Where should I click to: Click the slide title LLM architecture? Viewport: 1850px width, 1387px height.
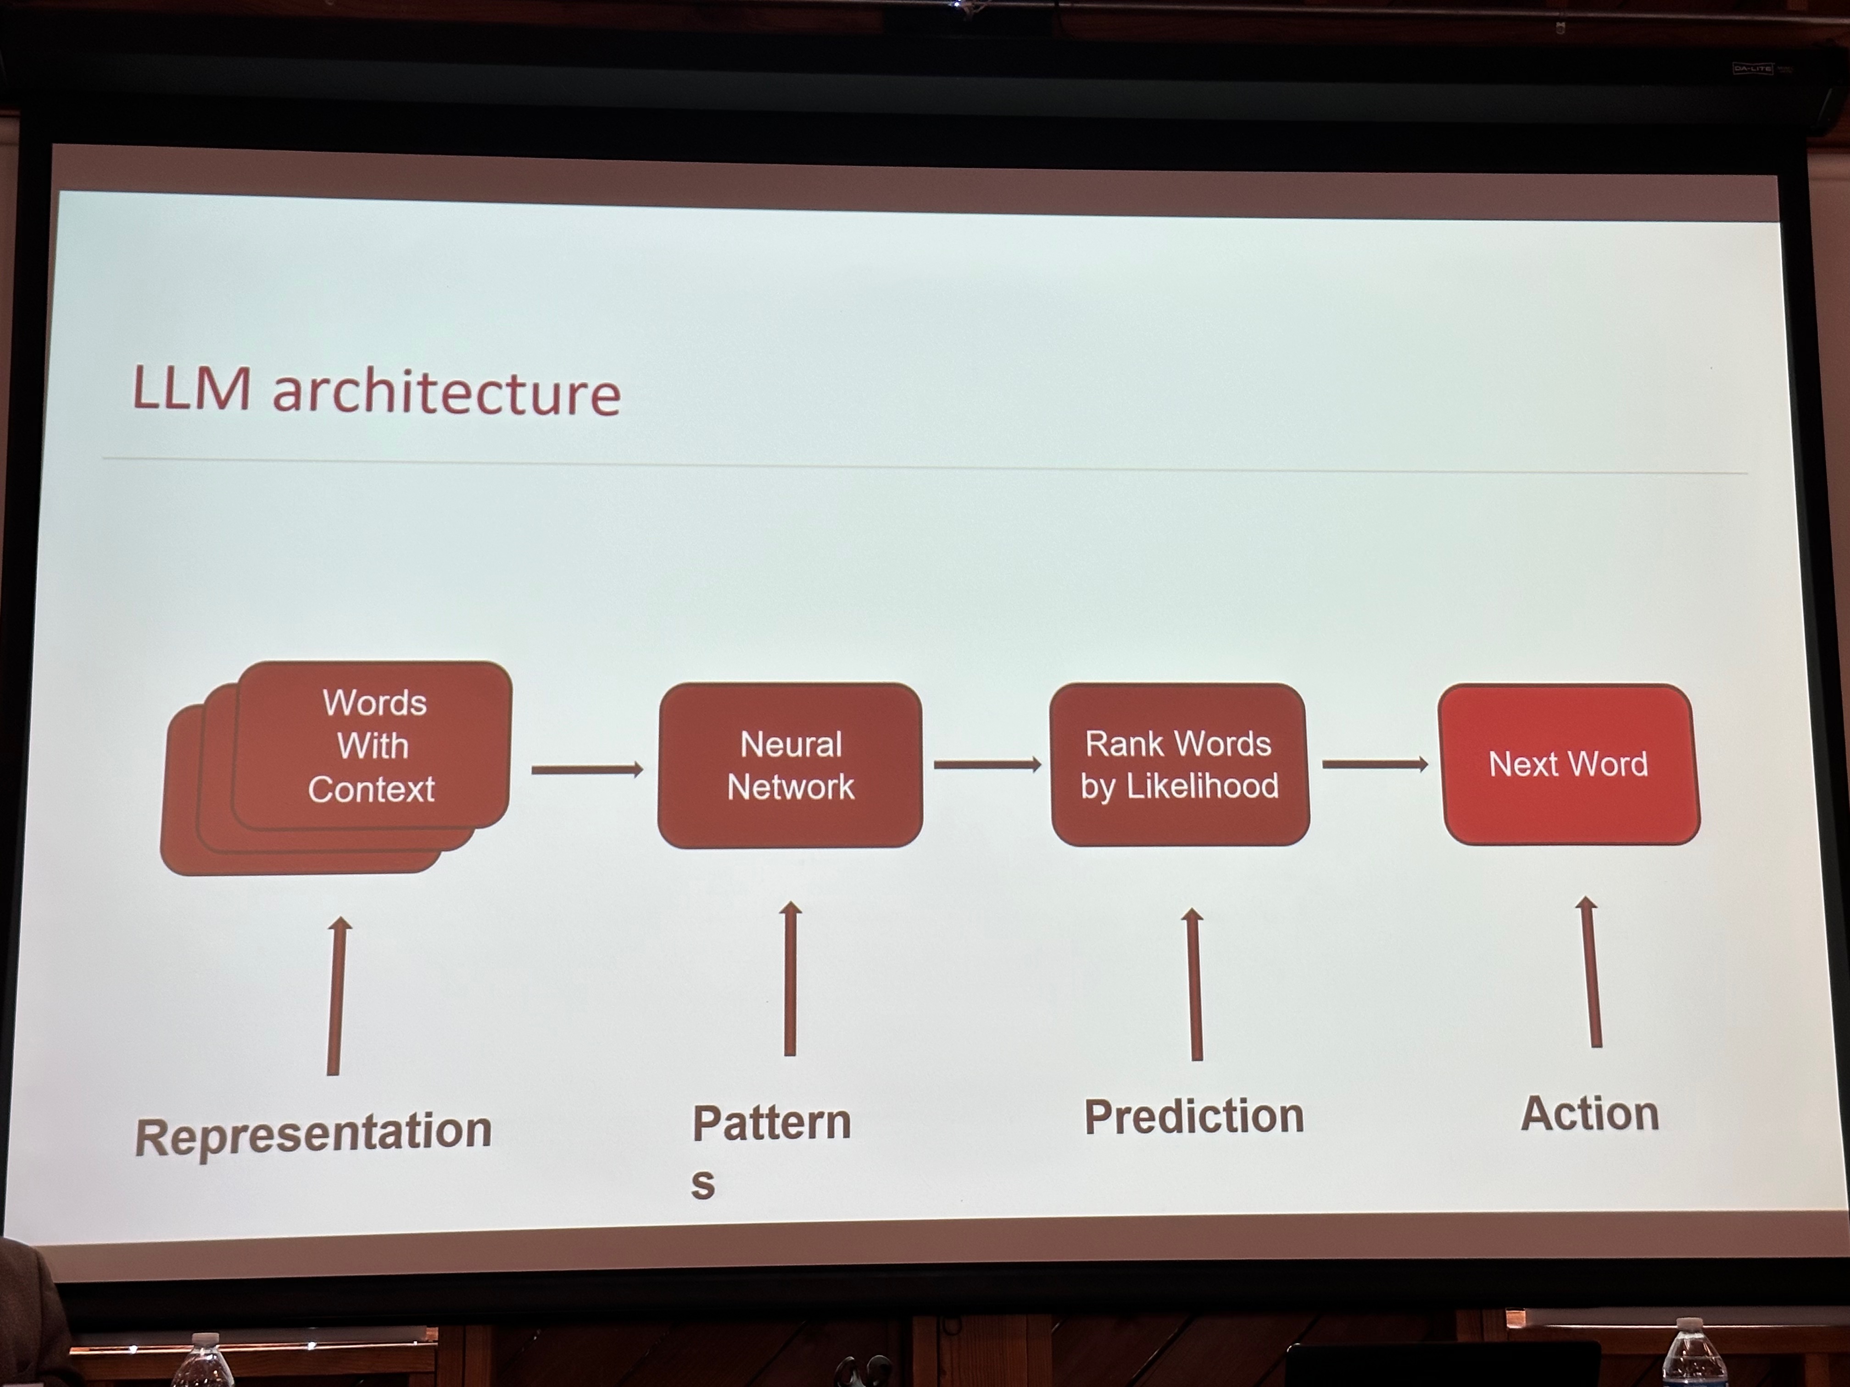[376, 390]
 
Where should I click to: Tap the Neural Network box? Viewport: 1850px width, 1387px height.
[791, 765]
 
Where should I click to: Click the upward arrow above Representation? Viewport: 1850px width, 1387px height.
[336, 995]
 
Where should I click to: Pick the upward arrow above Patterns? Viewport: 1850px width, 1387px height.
[790, 978]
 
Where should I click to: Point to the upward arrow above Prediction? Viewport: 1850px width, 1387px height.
[1194, 984]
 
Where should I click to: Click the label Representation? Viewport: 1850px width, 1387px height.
[314, 1133]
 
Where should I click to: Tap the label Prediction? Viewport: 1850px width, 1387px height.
[1194, 1116]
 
